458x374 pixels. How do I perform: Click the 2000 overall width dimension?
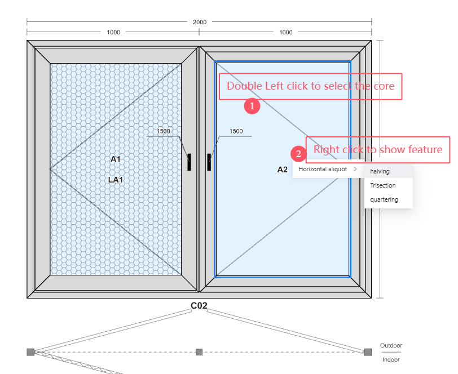pos(200,22)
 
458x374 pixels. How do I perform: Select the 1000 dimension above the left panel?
pos(113,32)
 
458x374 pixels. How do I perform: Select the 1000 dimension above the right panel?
pos(285,32)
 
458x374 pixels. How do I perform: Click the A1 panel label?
pos(116,159)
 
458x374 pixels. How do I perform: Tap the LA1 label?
pos(116,180)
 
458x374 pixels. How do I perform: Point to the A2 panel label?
pos(282,170)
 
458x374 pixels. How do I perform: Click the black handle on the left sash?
pos(190,162)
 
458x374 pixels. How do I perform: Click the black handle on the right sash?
pos(209,162)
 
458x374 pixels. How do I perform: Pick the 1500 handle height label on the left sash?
pos(163,131)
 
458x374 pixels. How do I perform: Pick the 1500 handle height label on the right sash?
pos(236,131)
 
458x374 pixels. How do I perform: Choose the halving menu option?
pos(380,171)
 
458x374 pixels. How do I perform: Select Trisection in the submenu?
pos(382,185)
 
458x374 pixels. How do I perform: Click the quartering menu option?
pos(384,199)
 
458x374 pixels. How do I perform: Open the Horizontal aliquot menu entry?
pos(323,169)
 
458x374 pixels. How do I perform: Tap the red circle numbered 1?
pos(252,106)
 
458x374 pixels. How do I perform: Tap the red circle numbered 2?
pos(298,154)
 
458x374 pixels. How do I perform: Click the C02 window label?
pos(199,305)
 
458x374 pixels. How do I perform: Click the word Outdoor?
pos(391,345)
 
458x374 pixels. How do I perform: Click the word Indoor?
pos(391,360)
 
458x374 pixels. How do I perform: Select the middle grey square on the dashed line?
pos(199,352)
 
